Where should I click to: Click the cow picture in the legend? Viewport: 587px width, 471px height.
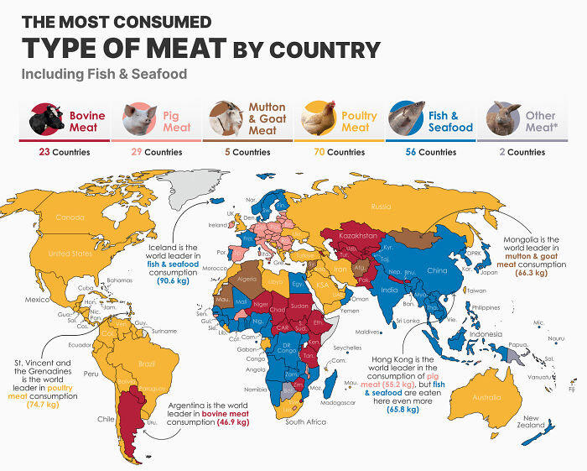(x=47, y=121)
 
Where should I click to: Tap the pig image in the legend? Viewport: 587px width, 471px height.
(x=138, y=121)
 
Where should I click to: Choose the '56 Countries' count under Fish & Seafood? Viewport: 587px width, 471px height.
(x=430, y=152)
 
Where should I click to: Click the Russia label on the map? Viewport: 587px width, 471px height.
(x=382, y=206)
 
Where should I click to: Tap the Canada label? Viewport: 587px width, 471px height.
(x=70, y=217)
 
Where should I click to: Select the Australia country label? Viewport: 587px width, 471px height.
(x=486, y=397)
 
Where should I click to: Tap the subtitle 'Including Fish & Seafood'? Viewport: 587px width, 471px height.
(x=104, y=74)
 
